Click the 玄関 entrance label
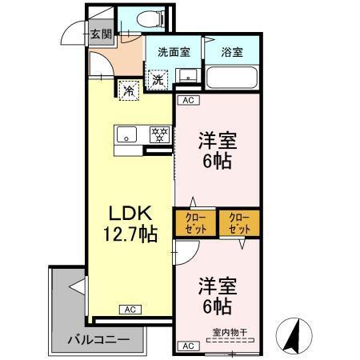click(100, 34)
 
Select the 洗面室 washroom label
click(173, 53)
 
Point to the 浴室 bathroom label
click(232, 53)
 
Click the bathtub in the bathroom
click(231, 78)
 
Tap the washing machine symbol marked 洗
click(158, 79)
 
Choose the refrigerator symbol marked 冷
click(127, 90)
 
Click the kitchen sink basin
click(126, 134)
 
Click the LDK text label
click(126, 214)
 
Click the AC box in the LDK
click(129, 310)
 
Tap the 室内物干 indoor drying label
click(230, 333)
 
